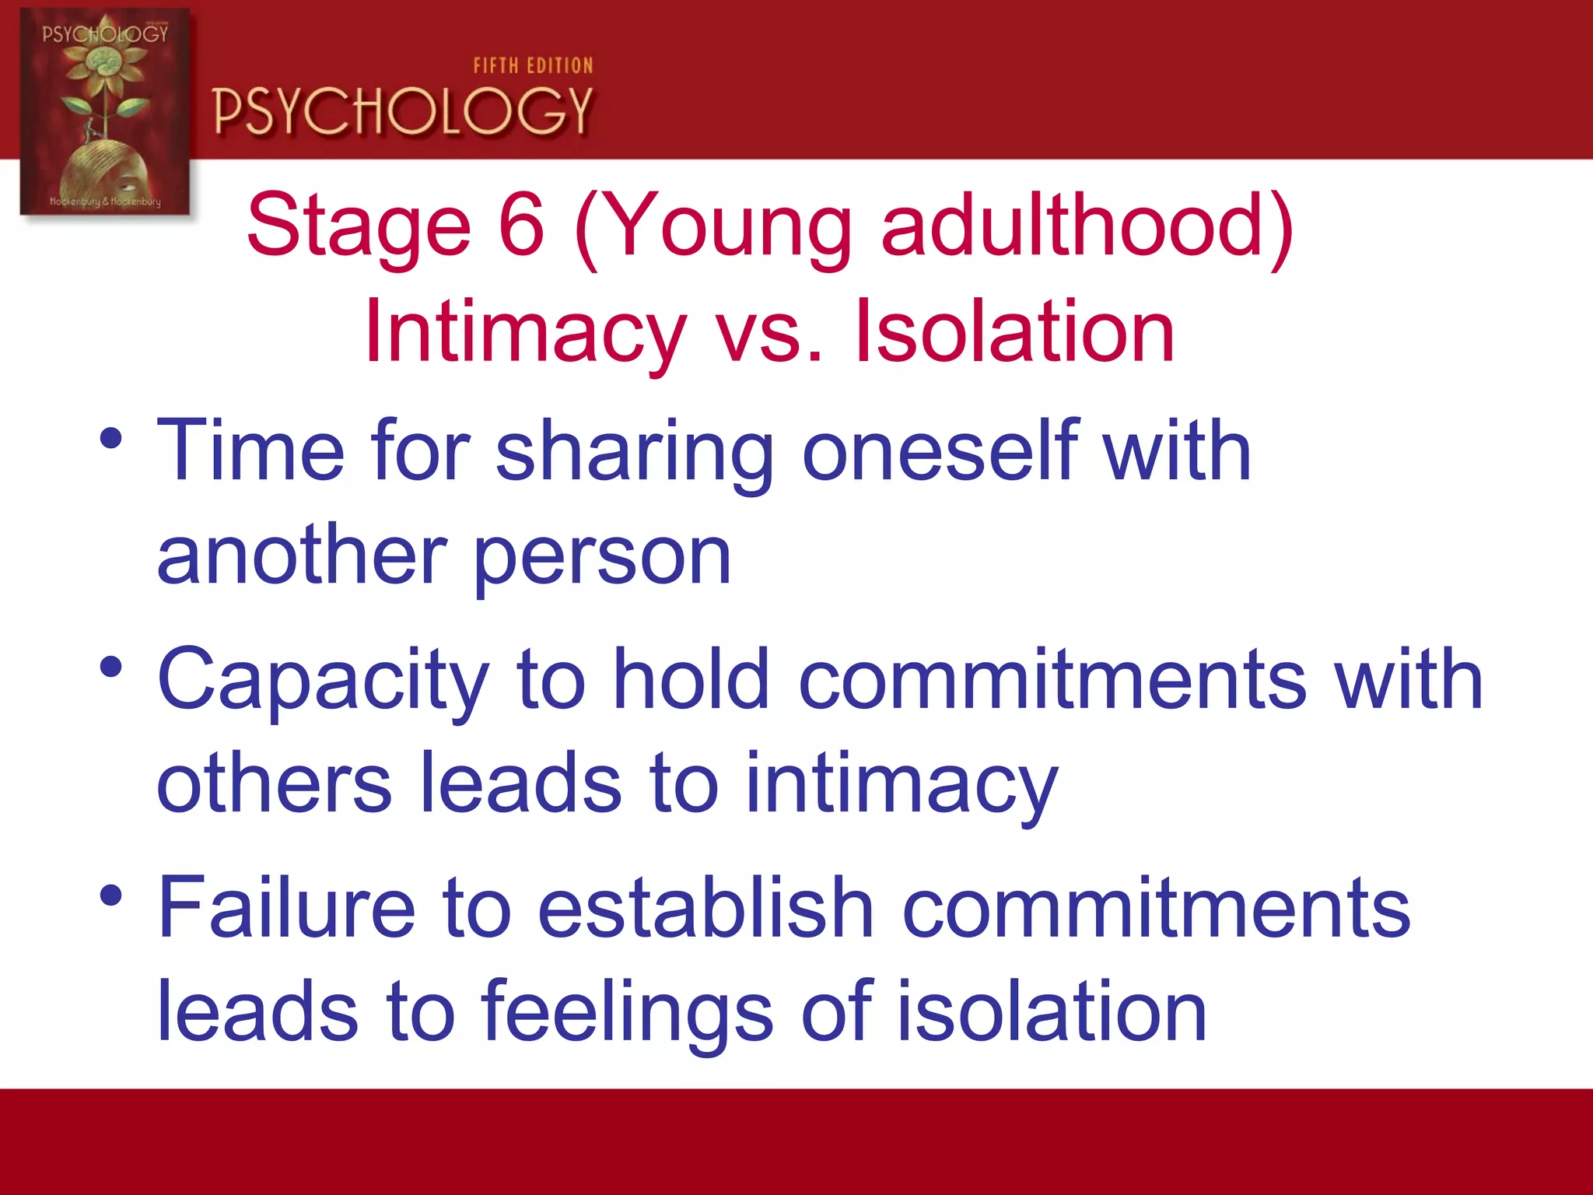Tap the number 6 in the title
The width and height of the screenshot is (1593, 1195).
click(520, 226)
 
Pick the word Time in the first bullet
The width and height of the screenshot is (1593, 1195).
click(250, 451)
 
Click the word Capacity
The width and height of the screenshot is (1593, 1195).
click(323, 682)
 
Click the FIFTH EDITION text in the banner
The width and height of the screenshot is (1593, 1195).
click(533, 66)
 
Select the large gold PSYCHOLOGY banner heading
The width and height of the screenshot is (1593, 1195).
click(402, 111)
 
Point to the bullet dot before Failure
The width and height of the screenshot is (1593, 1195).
click(111, 895)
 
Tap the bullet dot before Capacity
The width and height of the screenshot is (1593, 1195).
click(111, 667)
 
